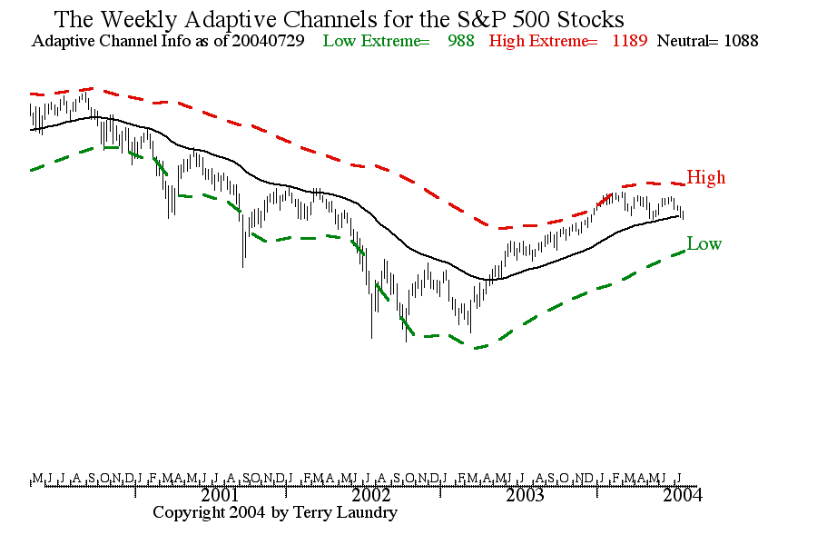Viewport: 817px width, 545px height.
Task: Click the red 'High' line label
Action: coord(705,177)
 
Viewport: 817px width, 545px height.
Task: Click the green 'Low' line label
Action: coord(704,243)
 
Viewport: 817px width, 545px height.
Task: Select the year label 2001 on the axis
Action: coord(220,495)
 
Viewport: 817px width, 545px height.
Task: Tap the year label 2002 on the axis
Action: coord(371,495)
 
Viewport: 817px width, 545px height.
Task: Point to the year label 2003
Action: coord(525,495)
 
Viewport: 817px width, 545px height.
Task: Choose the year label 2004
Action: coord(682,495)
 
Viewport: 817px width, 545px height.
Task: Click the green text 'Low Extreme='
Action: coord(376,41)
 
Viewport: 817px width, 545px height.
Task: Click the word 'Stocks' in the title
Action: coord(592,18)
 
